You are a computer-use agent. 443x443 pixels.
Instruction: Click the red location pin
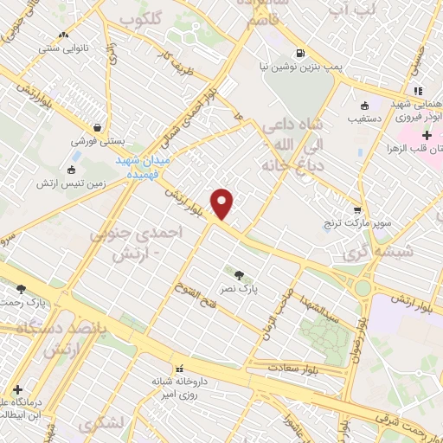click(222, 203)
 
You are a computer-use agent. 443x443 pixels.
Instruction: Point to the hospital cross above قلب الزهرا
click(427, 136)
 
